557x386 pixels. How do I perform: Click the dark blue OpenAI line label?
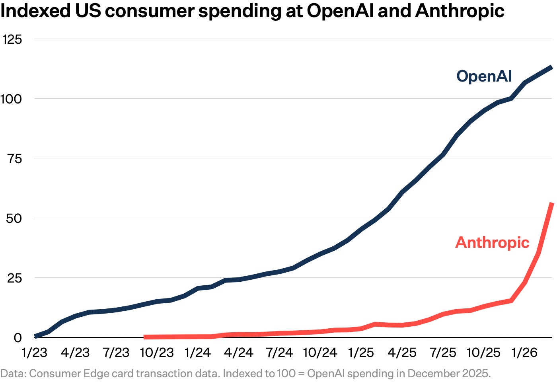point(484,76)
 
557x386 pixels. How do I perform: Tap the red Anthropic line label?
point(493,243)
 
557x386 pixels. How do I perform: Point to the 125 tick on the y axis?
point(12,39)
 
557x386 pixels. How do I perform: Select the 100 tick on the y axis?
point(11,99)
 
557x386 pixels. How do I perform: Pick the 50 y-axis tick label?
point(14,218)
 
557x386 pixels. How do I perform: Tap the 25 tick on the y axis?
point(14,278)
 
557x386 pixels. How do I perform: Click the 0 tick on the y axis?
point(18,338)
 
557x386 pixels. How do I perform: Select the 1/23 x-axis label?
point(34,353)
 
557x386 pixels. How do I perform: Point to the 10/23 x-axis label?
point(157,353)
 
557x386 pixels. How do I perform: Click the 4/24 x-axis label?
point(238,353)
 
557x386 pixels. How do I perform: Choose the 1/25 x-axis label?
point(361,353)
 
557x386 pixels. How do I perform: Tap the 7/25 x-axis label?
point(443,353)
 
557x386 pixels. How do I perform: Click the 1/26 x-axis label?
point(524,353)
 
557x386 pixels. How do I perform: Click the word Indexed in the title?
point(35,11)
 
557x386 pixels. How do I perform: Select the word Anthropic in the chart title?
point(460,12)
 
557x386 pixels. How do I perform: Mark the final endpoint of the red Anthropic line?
point(552,203)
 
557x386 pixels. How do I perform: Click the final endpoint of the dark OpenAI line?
point(551,67)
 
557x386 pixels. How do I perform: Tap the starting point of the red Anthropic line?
point(145,337)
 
